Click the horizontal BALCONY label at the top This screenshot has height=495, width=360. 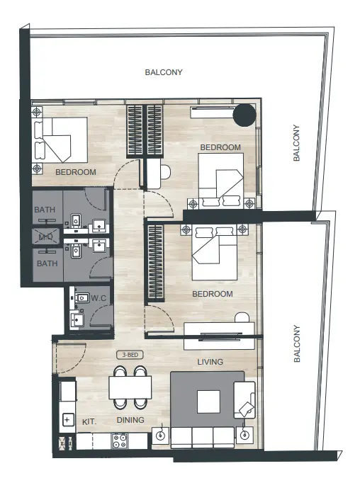(x=164, y=72)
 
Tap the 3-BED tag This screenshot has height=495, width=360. (x=130, y=355)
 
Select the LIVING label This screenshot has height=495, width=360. (x=210, y=362)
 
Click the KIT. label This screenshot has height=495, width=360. (x=89, y=421)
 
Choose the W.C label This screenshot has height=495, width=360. (x=99, y=298)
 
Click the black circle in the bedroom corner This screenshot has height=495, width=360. (x=246, y=113)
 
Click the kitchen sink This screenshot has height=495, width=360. (x=67, y=420)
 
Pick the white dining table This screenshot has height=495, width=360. (x=130, y=387)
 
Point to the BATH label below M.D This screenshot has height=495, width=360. (x=47, y=263)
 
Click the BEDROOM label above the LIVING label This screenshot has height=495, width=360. (x=213, y=294)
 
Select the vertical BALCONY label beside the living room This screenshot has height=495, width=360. (x=298, y=344)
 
